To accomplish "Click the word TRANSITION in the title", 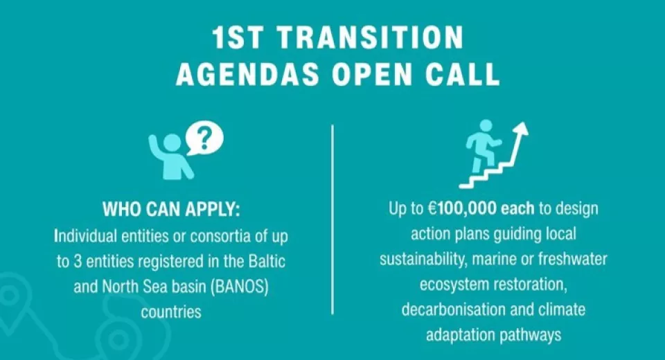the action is click(371, 37).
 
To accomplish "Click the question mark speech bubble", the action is click(204, 138).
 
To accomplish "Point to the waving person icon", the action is click(170, 156).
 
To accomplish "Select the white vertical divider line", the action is click(332, 219).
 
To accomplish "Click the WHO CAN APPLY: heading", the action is click(171, 209).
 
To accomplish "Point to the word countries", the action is click(171, 312).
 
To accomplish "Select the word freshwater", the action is click(573, 259).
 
